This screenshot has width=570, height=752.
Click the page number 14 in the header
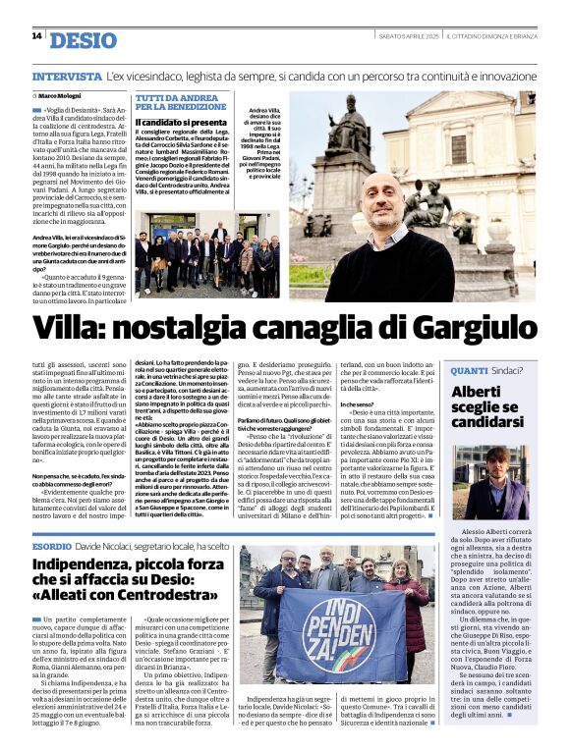(x=36, y=36)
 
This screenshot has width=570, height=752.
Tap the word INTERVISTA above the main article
(x=66, y=76)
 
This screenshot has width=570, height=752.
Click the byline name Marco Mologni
(x=61, y=95)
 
